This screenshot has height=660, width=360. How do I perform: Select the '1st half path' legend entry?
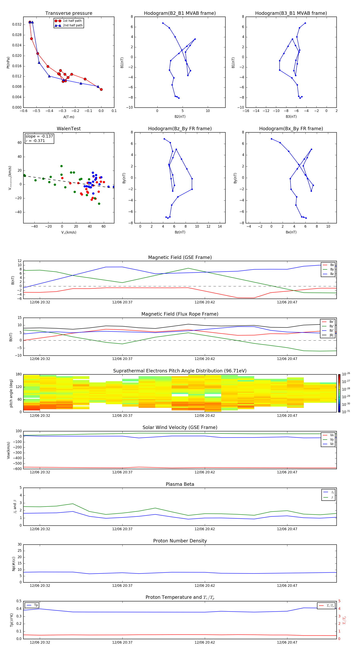pyautogui.click(x=72, y=21)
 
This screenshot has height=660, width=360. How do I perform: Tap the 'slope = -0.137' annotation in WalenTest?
pyautogui.click(x=39, y=136)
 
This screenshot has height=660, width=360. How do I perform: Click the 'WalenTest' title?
pyautogui.click(x=69, y=129)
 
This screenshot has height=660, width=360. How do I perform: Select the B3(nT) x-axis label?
pyautogui.click(x=291, y=117)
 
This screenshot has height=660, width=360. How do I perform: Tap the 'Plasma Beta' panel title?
pyautogui.click(x=180, y=484)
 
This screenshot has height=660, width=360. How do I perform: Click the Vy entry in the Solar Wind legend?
pyautogui.click(x=332, y=439)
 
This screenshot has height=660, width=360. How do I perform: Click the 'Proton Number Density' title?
pyautogui.click(x=180, y=541)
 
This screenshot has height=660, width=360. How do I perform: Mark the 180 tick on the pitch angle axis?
pyautogui.click(x=18, y=374)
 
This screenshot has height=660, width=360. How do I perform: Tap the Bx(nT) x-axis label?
pyautogui.click(x=291, y=232)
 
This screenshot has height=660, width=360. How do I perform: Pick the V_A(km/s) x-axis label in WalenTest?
pyautogui.click(x=69, y=232)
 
